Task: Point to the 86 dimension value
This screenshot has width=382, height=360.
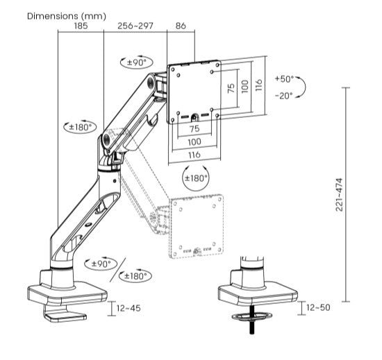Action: coord(181,26)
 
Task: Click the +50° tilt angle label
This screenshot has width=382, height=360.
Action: coord(284,78)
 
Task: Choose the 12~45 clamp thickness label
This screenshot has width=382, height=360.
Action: coord(129,307)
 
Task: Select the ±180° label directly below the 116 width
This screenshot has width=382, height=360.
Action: coord(195,178)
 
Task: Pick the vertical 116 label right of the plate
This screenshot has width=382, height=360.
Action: coord(258,85)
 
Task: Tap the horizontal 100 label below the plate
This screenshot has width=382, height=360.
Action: coord(194,141)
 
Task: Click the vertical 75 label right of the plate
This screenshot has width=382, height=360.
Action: coord(231,89)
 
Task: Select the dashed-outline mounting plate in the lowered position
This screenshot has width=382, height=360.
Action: coord(197,225)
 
